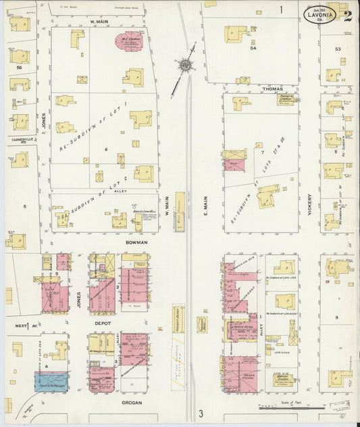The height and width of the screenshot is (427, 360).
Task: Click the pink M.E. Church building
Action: click(x=130, y=41)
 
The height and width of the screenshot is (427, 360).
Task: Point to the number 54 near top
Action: click(x=253, y=49)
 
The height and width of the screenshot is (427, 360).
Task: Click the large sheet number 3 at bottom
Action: click(x=200, y=413)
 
